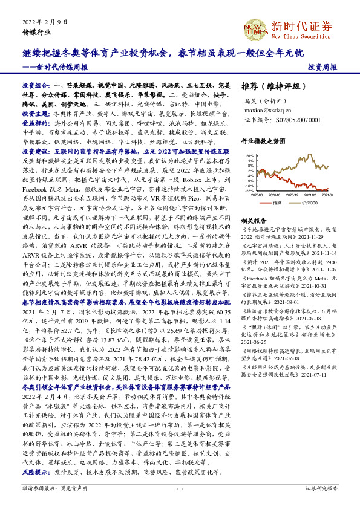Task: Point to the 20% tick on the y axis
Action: [x=249, y=155]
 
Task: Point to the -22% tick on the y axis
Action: [x=249, y=190]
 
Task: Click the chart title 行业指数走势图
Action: [x=263, y=140]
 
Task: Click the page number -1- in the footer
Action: [x=179, y=487]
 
